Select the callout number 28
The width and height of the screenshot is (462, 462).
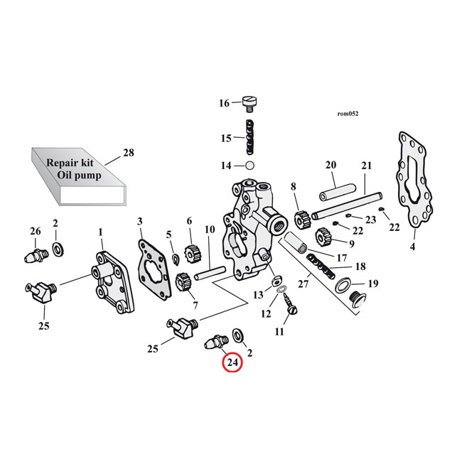click(128, 152)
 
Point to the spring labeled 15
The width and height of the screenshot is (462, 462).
click(250, 137)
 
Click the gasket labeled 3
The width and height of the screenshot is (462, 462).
click(152, 262)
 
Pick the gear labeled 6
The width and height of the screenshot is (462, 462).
click(190, 253)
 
